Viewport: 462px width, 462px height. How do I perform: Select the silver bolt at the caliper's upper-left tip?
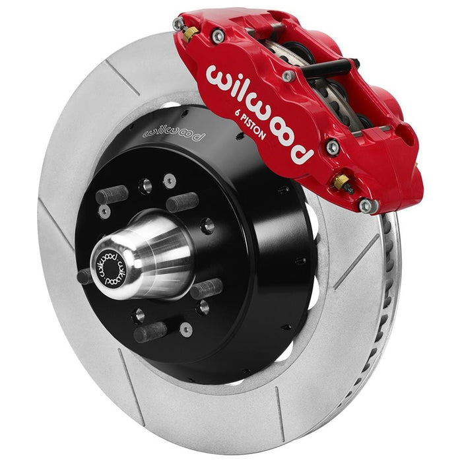178,24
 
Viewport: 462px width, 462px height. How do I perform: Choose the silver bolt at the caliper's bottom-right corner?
366,207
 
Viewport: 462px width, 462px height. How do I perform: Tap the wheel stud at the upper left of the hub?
112,195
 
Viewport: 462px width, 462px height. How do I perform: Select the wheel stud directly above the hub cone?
182,201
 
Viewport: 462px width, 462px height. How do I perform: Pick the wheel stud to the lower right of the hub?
207,288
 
